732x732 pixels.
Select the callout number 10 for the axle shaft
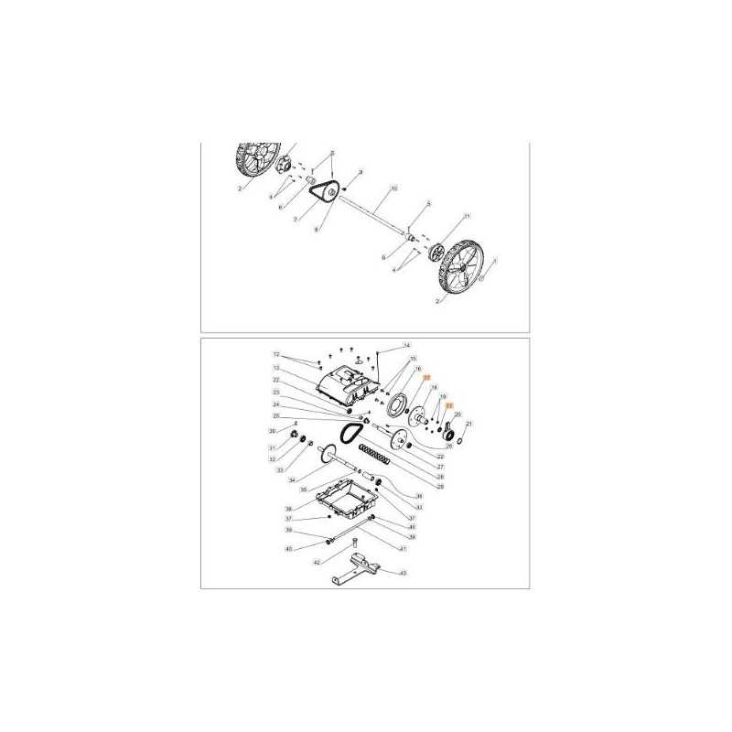coord(393,188)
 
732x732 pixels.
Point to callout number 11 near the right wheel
coord(466,216)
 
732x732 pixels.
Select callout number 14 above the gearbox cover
coord(407,345)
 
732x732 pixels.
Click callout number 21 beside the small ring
coord(469,425)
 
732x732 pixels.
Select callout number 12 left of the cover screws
coord(274,354)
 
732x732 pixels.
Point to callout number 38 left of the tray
coord(287,509)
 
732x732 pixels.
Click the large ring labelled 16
coord(399,404)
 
